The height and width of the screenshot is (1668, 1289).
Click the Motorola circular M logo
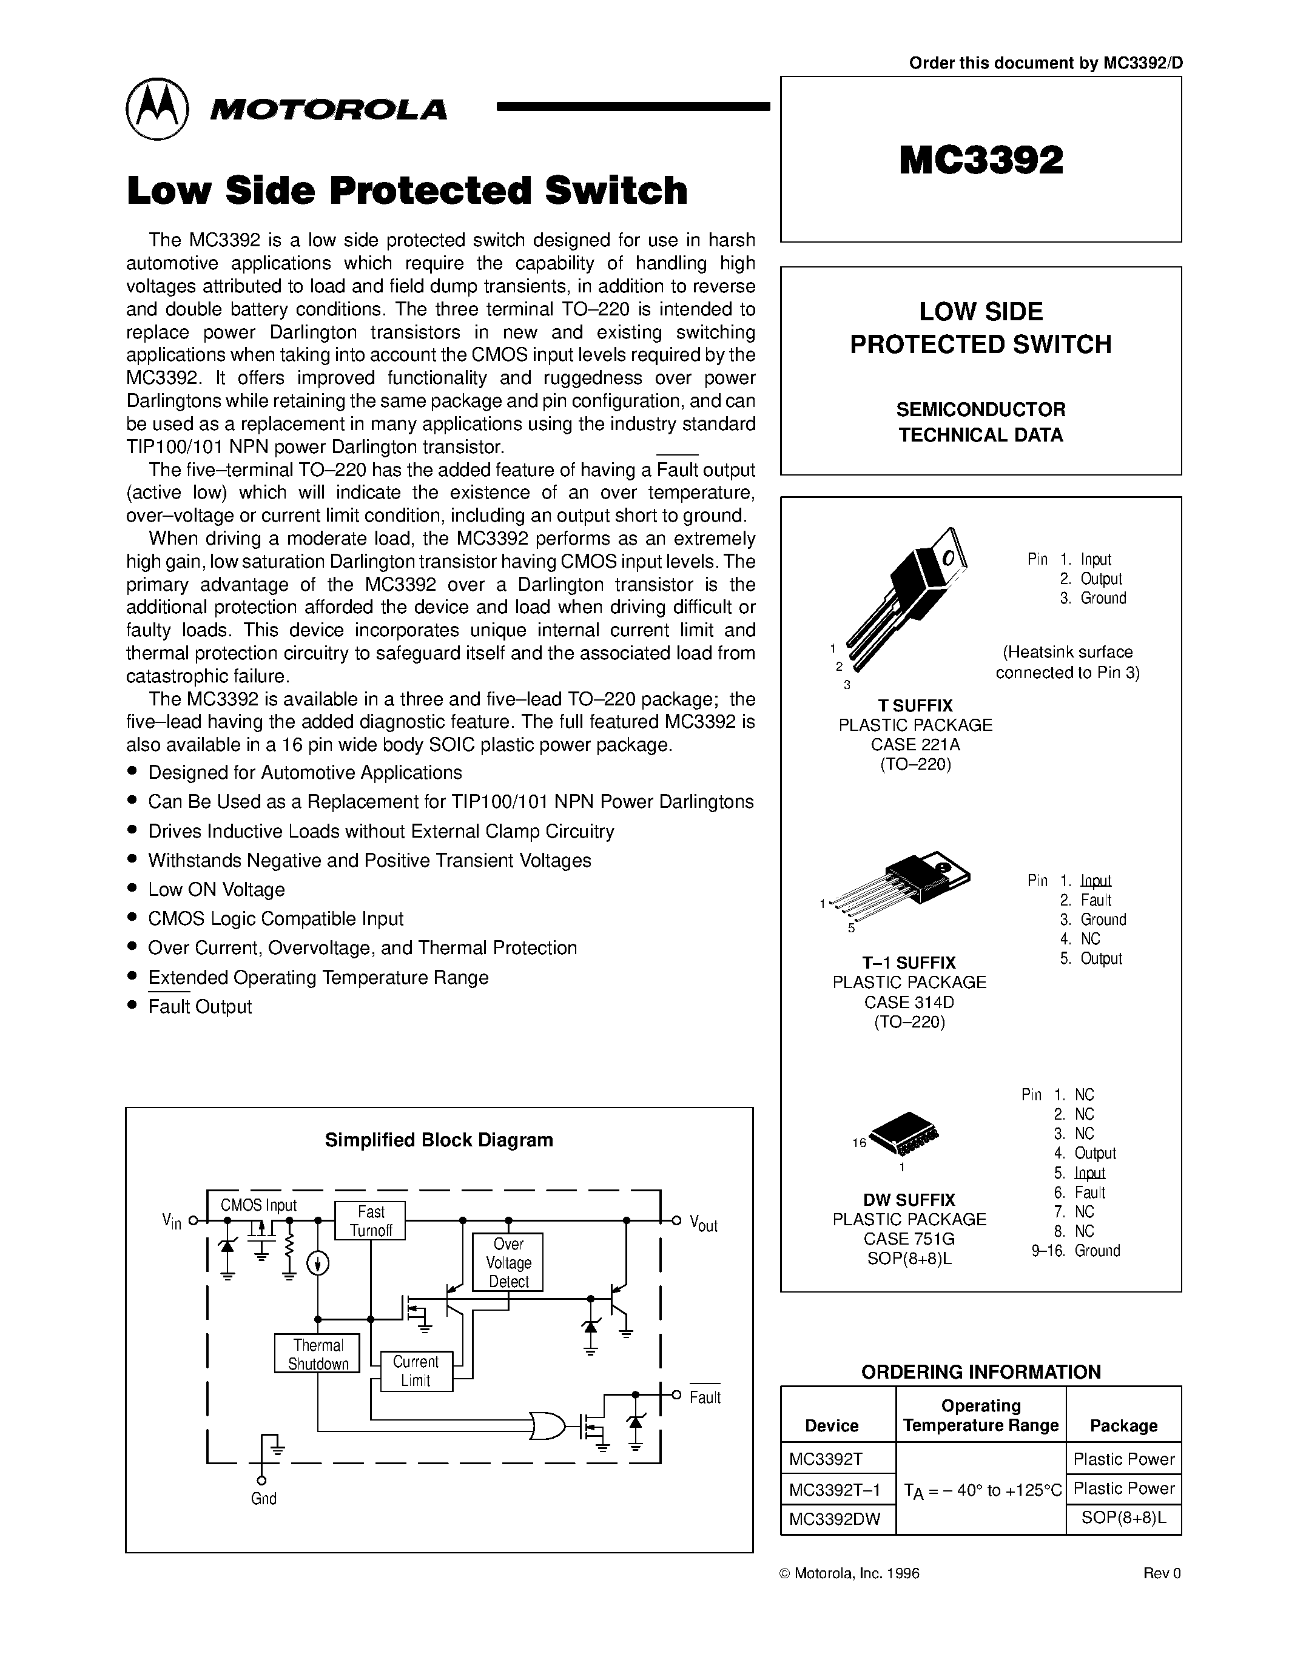click(x=156, y=109)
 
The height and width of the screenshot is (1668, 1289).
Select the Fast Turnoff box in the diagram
click(x=371, y=1220)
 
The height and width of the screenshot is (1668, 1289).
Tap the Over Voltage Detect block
click(x=508, y=1262)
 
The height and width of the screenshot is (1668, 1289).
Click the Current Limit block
click(x=416, y=1371)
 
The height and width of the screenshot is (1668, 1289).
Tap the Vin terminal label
click(x=172, y=1221)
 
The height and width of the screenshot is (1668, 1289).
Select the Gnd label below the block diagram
click(x=263, y=1498)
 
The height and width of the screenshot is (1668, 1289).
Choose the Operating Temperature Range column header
click(x=980, y=1415)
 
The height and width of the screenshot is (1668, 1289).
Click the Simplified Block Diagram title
click(x=439, y=1140)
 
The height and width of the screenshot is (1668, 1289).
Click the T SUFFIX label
click(x=915, y=705)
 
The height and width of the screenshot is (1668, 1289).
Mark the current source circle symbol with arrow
click(x=318, y=1265)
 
